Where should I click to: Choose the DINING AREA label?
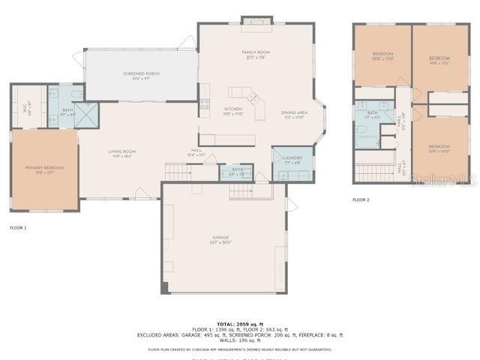[293, 114]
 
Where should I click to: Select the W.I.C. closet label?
[28, 106]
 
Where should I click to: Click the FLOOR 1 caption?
[18, 227]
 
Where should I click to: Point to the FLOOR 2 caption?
[361, 200]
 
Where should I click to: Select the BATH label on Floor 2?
[372, 114]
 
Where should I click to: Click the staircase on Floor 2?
[373, 172]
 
